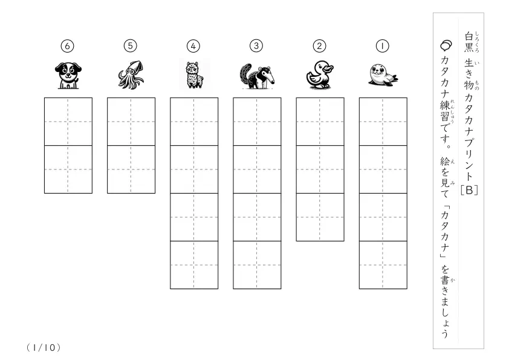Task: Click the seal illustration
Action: pyautogui.click(x=383, y=75)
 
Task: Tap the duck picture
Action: pyautogui.click(x=320, y=74)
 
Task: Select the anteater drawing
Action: pyautogui.click(x=257, y=76)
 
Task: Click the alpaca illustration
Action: pyautogui.click(x=194, y=75)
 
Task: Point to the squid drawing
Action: pyautogui.click(x=131, y=74)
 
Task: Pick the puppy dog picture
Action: pyautogui.click(x=68, y=76)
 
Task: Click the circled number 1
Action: pyautogui.click(x=383, y=46)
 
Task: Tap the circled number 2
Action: pyautogui.click(x=319, y=46)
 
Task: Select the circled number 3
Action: pyautogui.click(x=256, y=46)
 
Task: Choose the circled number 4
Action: pyautogui.click(x=193, y=46)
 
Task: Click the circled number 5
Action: pyautogui.click(x=131, y=45)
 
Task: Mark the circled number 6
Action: pyautogui.click(x=68, y=46)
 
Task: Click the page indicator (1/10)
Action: pyautogui.click(x=44, y=348)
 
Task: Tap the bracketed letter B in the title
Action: pyautogui.click(x=469, y=190)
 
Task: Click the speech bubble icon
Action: pyautogui.click(x=446, y=45)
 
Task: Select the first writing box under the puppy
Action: pyautogui.click(x=68, y=122)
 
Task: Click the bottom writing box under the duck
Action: pyautogui.click(x=320, y=217)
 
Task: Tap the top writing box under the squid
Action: pyautogui.click(x=131, y=122)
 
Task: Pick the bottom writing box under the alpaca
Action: pyautogui.click(x=194, y=265)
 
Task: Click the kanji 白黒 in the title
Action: pyautogui.click(x=468, y=42)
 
